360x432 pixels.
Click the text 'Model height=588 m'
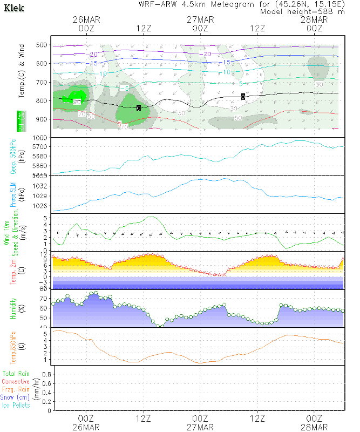302,11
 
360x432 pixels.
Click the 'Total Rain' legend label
15,374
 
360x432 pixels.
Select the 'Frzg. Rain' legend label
16,389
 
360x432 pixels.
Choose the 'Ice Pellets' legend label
16,405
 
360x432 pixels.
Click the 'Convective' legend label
16,382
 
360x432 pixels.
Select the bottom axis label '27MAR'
200,427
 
